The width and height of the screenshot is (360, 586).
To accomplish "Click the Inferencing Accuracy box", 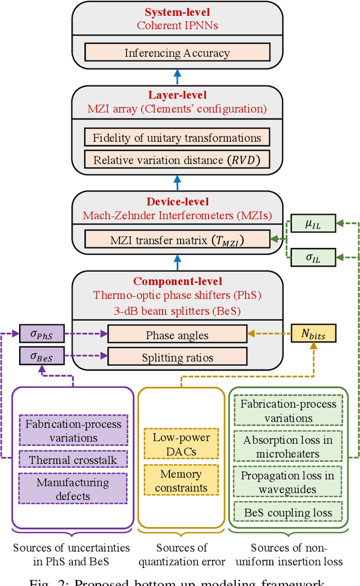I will (x=177, y=53).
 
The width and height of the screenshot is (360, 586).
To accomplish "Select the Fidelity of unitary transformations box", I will (x=177, y=138).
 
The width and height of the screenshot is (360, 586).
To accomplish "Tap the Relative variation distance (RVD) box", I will (x=177, y=160).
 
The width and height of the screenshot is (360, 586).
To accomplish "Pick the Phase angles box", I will (x=177, y=335).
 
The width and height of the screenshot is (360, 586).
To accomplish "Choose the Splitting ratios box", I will (x=177, y=357).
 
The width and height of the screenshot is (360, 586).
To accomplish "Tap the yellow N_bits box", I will (x=313, y=334).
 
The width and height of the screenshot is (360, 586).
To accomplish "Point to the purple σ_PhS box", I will (x=42, y=334).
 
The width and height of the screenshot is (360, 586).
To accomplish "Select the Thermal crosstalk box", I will (x=73, y=459).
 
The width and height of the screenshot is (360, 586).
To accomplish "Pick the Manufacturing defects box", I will (x=73, y=489).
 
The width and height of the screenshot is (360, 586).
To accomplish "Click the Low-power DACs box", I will (x=181, y=444).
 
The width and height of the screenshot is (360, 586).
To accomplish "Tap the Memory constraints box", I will (x=181, y=480).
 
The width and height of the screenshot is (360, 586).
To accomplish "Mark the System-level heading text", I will (x=177, y=12).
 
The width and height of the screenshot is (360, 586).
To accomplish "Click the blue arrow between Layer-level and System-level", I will (x=178, y=77).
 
